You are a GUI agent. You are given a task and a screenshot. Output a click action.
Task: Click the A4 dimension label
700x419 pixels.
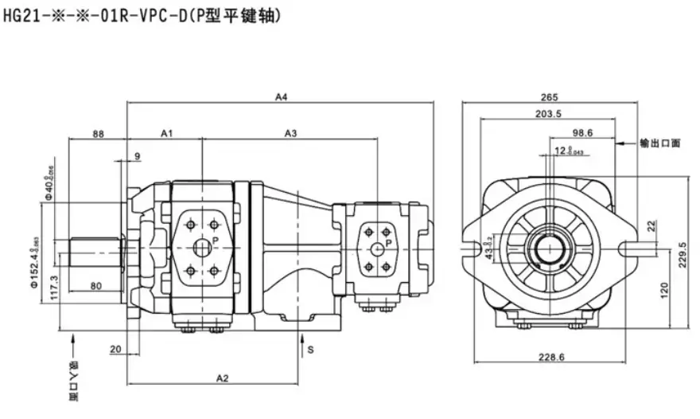(x=281, y=97)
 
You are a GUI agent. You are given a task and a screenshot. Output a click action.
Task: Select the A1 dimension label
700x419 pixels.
(x=167, y=133)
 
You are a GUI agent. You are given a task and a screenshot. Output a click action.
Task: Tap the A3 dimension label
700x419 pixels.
(x=291, y=133)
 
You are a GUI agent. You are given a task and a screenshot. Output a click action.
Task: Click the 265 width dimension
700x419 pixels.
(x=549, y=97)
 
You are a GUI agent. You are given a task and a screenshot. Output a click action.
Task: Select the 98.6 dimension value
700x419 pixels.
(x=583, y=133)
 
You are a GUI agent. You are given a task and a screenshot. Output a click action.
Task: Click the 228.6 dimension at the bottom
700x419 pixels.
(x=550, y=358)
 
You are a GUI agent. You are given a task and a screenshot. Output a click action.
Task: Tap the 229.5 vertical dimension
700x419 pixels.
(x=682, y=255)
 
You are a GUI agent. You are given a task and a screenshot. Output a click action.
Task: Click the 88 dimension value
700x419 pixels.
(x=99, y=133)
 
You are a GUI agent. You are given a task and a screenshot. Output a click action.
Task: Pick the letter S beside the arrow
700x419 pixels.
(x=311, y=350)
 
